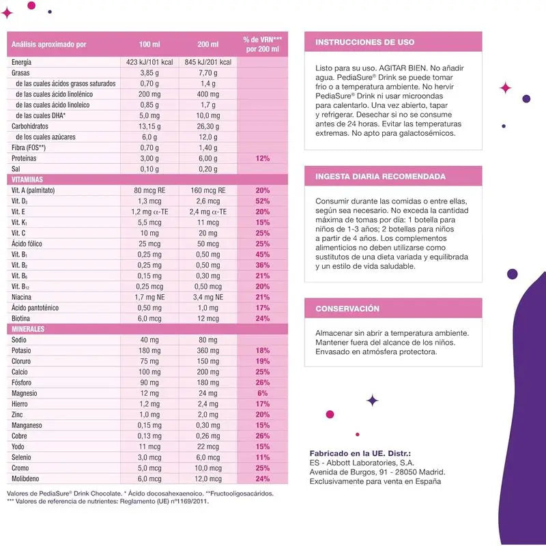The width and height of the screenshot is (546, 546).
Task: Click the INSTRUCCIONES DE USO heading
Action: [x=364, y=42]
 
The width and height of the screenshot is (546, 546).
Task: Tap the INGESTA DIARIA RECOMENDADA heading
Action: [x=380, y=176]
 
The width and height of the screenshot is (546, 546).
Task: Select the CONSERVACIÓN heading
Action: [x=347, y=308]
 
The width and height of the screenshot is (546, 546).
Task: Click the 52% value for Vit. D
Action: [x=262, y=201]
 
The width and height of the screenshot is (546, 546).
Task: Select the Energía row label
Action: [x=22, y=63]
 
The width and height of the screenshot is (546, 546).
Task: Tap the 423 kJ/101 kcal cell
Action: [x=149, y=63]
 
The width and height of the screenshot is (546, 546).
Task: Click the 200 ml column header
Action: [x=210, y=44]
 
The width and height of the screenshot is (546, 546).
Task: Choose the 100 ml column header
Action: [x=149, y=44]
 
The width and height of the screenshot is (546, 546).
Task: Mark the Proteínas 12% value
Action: [x=262, y=158]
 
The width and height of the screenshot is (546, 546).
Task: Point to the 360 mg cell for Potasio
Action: [x=208, y=350]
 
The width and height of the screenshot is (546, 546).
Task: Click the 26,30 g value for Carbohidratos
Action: [x=208, y=126]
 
